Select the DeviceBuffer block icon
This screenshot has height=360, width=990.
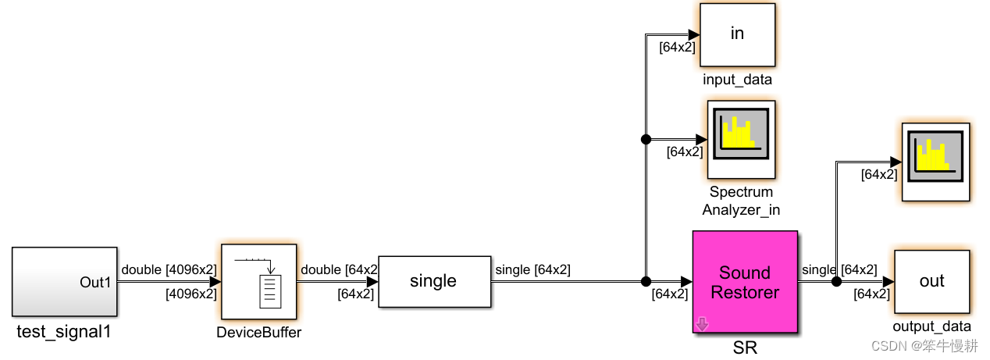259,282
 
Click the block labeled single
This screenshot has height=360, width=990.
434,281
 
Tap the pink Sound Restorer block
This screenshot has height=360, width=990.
745,282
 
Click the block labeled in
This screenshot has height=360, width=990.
737,34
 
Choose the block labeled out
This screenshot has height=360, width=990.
931,281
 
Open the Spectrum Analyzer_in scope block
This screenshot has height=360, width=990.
741,139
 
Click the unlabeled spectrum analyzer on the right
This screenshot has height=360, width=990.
935,162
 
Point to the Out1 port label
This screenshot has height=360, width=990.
96,282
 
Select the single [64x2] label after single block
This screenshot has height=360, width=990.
532,270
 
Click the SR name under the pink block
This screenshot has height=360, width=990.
745,348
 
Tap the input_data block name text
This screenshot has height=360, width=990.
737,80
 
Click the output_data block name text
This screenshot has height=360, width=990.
931,326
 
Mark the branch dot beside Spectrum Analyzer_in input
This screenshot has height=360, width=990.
646,140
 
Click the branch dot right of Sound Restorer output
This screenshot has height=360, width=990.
835,281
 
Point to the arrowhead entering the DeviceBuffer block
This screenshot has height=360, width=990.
215,282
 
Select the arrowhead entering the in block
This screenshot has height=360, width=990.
693,34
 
